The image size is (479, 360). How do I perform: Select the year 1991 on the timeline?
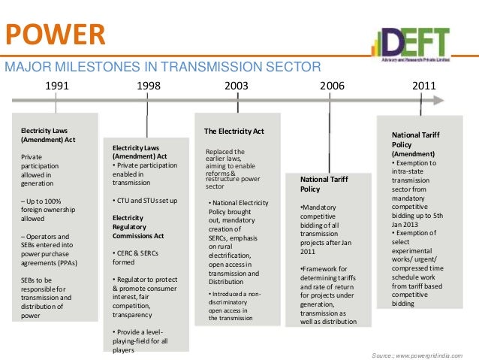[x=57, y=86]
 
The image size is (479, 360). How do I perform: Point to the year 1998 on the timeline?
[x=148, y=86]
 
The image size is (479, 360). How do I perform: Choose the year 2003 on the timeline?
[x=237, y=86]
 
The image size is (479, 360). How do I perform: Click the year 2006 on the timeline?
[x=332, y=86]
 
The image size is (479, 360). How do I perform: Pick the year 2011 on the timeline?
[x=424, y=86]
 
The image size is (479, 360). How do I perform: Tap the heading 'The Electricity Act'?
[x=234, y=132]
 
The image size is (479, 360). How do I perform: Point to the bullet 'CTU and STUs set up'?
[x=146, y=201]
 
